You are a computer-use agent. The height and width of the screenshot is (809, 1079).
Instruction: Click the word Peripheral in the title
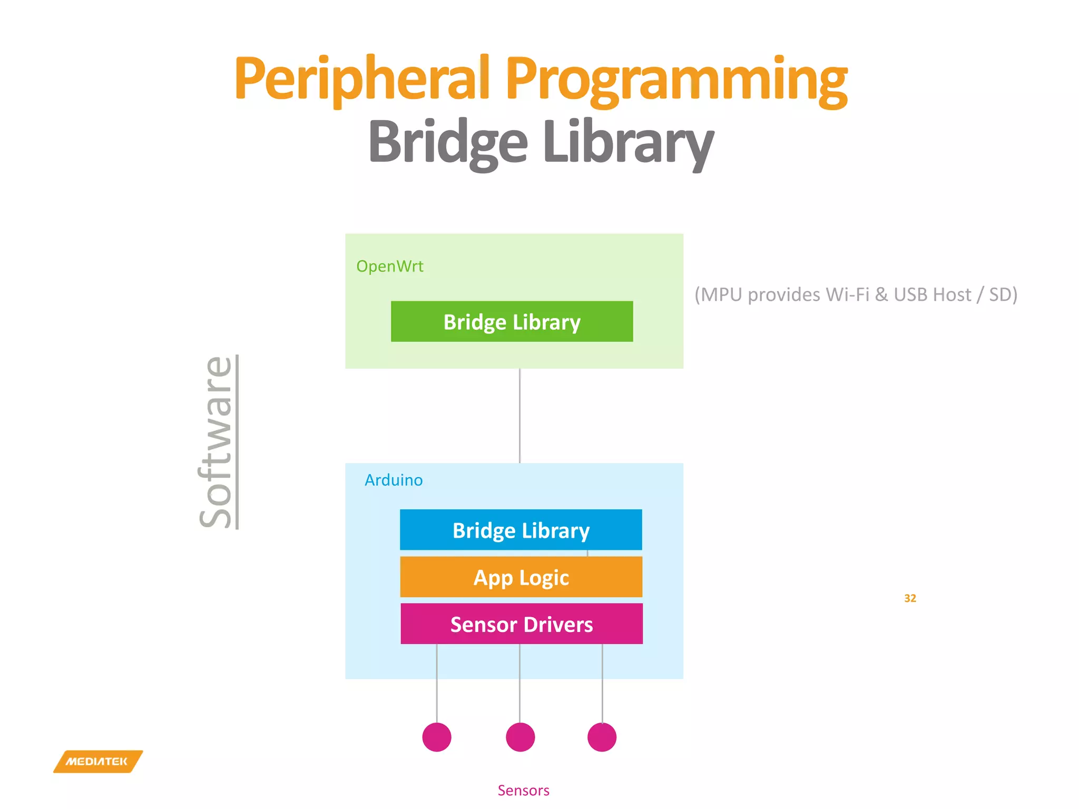pos(362,79)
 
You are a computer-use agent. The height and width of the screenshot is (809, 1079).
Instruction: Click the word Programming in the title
pos(676,79)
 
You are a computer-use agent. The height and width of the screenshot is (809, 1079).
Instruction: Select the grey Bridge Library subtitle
pos(541,141)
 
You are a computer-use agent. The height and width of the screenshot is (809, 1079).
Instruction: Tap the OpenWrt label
pos(389,267)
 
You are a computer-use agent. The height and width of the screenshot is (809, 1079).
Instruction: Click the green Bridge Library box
pos(512,322)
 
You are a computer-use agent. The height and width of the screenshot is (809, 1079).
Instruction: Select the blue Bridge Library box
pos(521,530)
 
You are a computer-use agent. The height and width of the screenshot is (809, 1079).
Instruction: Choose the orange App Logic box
pos(521,577)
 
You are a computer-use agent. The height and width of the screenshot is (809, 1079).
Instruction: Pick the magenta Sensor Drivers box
pos(522,624)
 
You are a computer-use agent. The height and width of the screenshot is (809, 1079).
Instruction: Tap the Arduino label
pos(394,480)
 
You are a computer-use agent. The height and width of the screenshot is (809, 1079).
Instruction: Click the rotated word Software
pos(216,442)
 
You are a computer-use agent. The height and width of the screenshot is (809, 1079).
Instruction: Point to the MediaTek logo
pos(97,762)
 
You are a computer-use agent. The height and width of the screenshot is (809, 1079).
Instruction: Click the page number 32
pos(910,598)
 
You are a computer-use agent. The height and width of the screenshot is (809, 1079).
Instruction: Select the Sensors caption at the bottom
pos(523,791)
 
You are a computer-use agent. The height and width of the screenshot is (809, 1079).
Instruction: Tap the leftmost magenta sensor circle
pos(437,737)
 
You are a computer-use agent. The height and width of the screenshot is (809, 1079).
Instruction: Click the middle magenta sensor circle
pos(520,737)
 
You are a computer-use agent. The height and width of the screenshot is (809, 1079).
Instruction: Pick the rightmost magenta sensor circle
pos(602,737)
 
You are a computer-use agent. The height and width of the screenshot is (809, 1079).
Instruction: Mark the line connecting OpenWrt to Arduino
pos(519,416)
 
